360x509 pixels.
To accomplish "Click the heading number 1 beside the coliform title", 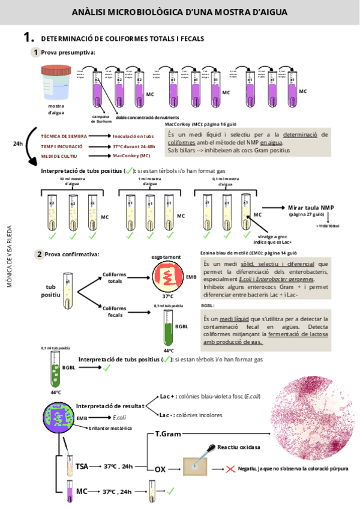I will [27, 38].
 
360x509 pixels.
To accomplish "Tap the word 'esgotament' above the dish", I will [166, 257].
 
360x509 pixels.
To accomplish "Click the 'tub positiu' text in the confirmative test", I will [55, 291].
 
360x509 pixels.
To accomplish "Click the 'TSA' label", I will [82, 466].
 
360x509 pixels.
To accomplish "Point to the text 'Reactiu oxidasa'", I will [239, 448].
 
